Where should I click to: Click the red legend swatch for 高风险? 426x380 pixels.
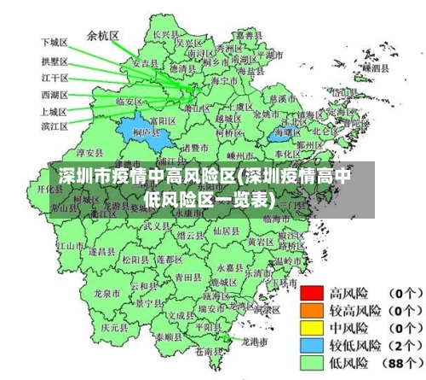point(312,291)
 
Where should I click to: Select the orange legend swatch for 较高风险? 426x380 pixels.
point(312,308)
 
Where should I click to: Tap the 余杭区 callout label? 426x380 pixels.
point(103,36)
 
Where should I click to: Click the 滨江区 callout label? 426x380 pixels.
point(54,126)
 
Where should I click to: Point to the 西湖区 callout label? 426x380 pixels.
point(54,94)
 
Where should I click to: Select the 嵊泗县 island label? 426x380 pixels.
point(374,64)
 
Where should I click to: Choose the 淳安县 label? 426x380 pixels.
point(89,153)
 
